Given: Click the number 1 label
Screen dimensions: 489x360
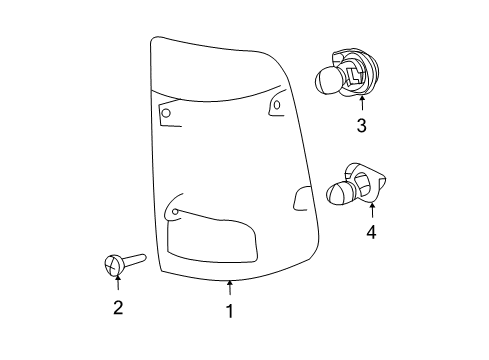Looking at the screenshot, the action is click(228, 311).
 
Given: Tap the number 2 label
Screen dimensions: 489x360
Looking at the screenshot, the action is click(117, 307).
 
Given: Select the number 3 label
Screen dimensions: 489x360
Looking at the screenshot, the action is click(361, 125).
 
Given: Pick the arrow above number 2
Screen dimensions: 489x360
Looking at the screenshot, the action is click(116, 284).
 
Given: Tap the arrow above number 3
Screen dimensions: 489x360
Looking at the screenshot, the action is click(361, 101).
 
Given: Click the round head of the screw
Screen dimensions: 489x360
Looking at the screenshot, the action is click(113, 265).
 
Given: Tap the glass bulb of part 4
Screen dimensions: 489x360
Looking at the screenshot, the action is click(342, 190).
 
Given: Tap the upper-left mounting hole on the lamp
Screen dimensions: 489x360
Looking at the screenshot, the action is click(165, 114).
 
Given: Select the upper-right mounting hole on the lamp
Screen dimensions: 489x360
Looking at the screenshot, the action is click(275, 105).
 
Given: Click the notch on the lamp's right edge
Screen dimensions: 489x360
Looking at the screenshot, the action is click(300, 198).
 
